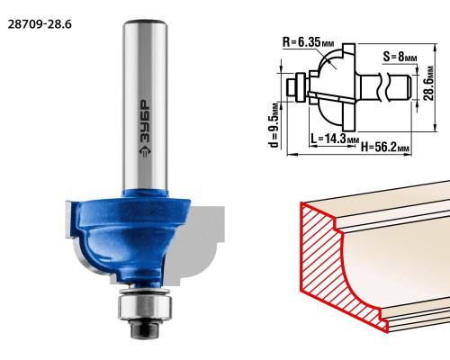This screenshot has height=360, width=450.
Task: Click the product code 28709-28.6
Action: tap(40, 24)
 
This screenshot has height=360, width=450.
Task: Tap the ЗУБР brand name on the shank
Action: tap(145, 121)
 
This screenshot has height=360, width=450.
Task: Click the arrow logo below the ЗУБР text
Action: tap(145, 151)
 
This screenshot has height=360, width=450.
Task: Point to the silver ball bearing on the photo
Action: tap(145, 306)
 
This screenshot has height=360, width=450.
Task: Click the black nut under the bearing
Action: tap(145, 328)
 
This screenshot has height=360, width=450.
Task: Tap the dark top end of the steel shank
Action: tap(145, 22)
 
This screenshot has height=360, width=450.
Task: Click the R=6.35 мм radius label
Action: tap(308, 42)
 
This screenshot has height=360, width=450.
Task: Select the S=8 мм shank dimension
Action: tap(400, 57)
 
